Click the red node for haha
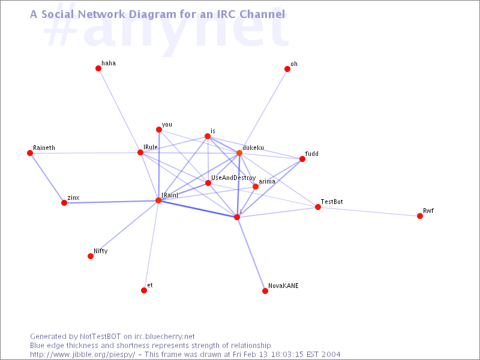click(x=98, y=68)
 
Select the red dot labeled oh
click(x=287, y=69)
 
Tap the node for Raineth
click(x=30, y=153)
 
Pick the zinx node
click(x=64, y=203)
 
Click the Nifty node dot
click(x=91, y=256)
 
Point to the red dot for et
click(x=144, y=290)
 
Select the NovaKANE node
click(x=265, y=291)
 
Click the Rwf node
click(x=420, y=216)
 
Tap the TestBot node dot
click(x=318, y=207)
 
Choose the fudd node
click(x=302, y=159)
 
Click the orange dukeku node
click(x=239, y=153)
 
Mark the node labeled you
click(x=159, y=130)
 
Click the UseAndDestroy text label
click(x=233, y=178)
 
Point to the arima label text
click(x=267, y=181)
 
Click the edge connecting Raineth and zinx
click(x=47, y=178)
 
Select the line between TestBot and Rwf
click(x=369, y=212)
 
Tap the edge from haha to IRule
click(x=119, y=110)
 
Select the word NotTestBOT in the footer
click(x=100, y=337)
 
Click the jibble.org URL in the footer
click(x=82, y=355)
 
